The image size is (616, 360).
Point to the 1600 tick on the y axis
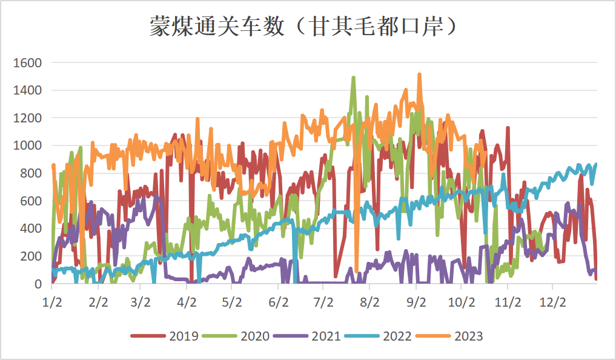click(28, 62)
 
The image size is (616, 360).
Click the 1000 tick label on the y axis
click(28, 145)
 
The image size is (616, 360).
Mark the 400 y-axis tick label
click(31, 228)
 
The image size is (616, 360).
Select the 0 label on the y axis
click(38, 284)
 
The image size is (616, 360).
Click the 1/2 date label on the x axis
click(52, 301)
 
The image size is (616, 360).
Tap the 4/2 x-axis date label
click(187, 301)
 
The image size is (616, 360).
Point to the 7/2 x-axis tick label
click(324, 301)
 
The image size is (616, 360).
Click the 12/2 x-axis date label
click(553, 301)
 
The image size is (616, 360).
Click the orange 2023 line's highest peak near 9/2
click(419, 75)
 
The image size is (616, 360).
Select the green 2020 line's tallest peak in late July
click(354, 78)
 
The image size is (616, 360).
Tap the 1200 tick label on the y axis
click(28, 118)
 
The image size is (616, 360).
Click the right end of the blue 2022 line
click(596, 164)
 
